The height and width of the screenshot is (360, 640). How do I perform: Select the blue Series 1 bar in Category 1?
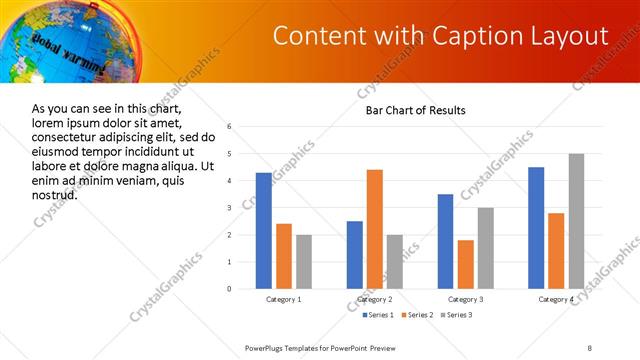pyautogui.click(x=263, y=231)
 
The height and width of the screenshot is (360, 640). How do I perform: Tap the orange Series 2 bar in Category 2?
pyautogui.click(x=375, y=229)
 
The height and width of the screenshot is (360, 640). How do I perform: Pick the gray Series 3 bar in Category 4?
pyautogui.click(x=576, y=221)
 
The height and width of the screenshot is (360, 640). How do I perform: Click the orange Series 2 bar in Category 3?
pyautogui.click(x=465, y=264)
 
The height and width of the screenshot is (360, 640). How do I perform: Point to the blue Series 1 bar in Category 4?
pyautogui.click(x=536, y=228)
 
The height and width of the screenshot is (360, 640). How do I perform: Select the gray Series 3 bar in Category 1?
pyautogui.click(x=303, y=262)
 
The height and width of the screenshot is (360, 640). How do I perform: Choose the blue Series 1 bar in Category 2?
pyautogui.click(x=355, y=255)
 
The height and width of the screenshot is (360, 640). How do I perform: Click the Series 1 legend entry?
pyautogui.click(x=377, y=315)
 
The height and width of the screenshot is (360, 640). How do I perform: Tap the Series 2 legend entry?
pyautogui.click(x=417, y=315)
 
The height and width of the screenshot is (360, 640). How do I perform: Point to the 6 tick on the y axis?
pyautogui.click(x=230, y=127)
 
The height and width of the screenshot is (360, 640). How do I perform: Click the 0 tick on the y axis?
pyautogui.click(x=230, y=289)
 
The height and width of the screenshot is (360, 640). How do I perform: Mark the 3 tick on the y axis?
pyautogui.click(x=230, y=208)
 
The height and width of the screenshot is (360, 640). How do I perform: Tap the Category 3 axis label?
pyautogui.click(x=465, y=299)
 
